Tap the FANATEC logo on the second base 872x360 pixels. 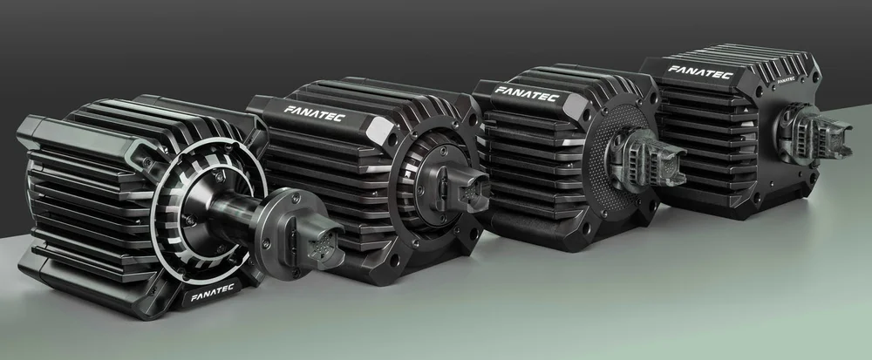coord(315,113)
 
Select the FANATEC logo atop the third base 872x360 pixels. coord(527,93)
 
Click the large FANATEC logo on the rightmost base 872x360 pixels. coord(700,72)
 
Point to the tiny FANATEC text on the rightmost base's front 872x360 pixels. coord(786,79)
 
